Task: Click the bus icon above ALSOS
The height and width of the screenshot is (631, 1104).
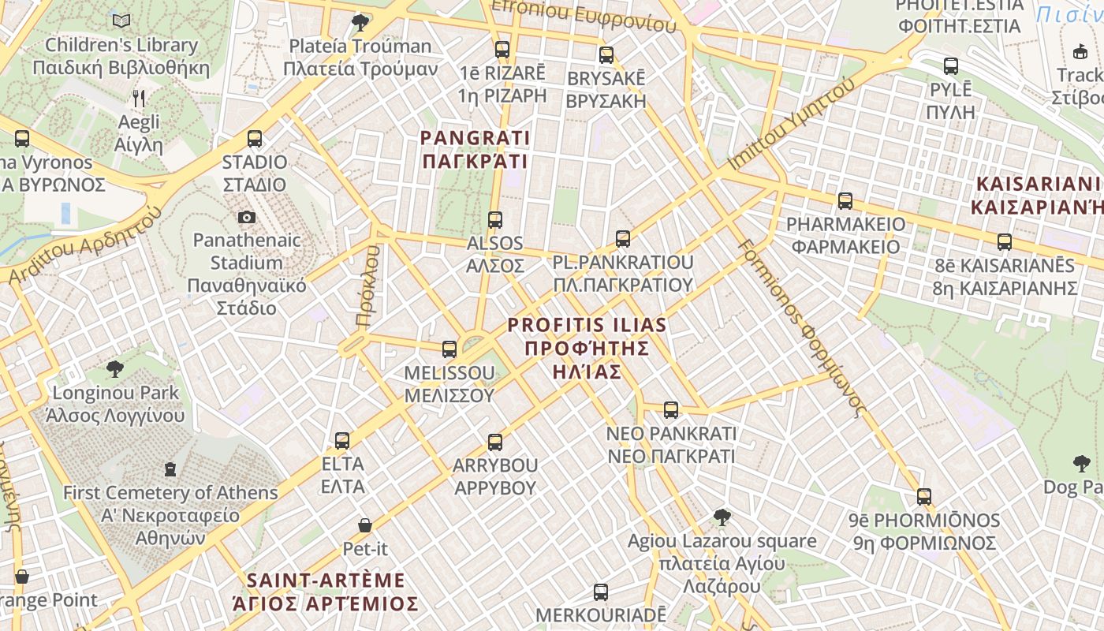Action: point(495,220)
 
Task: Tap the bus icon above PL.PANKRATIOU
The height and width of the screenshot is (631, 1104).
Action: point(623,238)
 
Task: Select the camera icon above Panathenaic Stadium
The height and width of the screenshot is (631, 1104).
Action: point(247,217)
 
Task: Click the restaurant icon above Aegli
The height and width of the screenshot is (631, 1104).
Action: point(139,99)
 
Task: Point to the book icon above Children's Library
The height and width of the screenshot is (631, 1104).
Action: point(121,21)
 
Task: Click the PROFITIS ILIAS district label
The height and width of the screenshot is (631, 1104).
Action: point(587,348)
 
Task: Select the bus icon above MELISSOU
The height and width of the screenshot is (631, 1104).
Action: point(449,349)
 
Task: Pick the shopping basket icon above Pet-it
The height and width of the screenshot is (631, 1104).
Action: point(365,525)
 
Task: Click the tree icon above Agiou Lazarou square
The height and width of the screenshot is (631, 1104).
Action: point(722,517)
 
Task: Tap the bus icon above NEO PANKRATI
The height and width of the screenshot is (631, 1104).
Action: point(671,410)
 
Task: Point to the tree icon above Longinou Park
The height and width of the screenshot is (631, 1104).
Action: point(115,368)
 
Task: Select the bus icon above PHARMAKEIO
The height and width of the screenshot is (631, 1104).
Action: point(845,201)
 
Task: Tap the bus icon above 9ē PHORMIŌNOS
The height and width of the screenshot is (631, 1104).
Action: point(924,497)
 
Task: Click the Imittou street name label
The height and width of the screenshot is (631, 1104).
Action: point(791,124)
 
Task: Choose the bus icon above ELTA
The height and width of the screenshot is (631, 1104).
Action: point(342,441)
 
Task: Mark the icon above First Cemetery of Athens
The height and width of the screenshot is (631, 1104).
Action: point(170,470)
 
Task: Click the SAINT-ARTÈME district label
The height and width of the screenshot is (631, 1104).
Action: point(325,592)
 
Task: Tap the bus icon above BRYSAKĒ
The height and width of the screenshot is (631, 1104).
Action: point(606,55)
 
